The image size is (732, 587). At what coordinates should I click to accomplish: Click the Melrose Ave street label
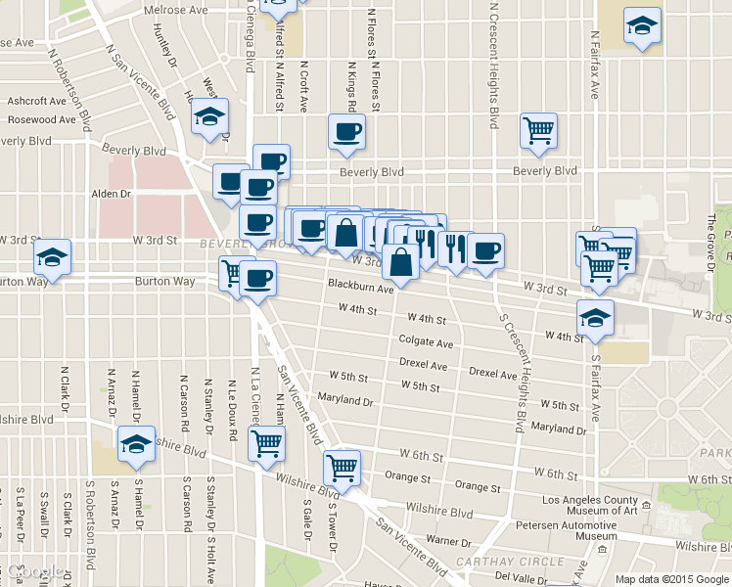point(176,10)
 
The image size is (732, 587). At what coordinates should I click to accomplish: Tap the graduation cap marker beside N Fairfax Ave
point(642,26)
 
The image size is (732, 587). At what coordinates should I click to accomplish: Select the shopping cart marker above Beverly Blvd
point(539,130)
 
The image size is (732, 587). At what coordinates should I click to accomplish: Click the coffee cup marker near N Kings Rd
point(346,132)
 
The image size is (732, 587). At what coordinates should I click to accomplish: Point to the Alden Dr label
point(111,194)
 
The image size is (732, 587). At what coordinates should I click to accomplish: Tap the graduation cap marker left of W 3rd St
point(52,258)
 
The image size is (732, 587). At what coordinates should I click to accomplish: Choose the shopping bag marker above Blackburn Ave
point(401,262)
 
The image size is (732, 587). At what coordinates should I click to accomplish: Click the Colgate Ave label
point(426,343)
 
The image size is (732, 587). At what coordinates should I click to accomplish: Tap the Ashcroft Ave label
point(36,101)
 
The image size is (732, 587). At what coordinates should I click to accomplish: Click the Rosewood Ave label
point(41,120)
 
